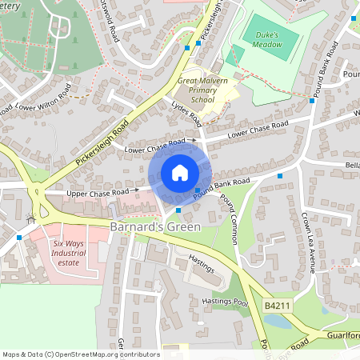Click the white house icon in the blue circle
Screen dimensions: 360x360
(180, 173)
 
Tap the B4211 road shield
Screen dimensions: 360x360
(274, 306)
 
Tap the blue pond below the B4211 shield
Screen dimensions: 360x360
(275, 321)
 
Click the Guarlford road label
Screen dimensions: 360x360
(342, 336)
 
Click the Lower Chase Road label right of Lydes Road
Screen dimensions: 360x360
(258, 130)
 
